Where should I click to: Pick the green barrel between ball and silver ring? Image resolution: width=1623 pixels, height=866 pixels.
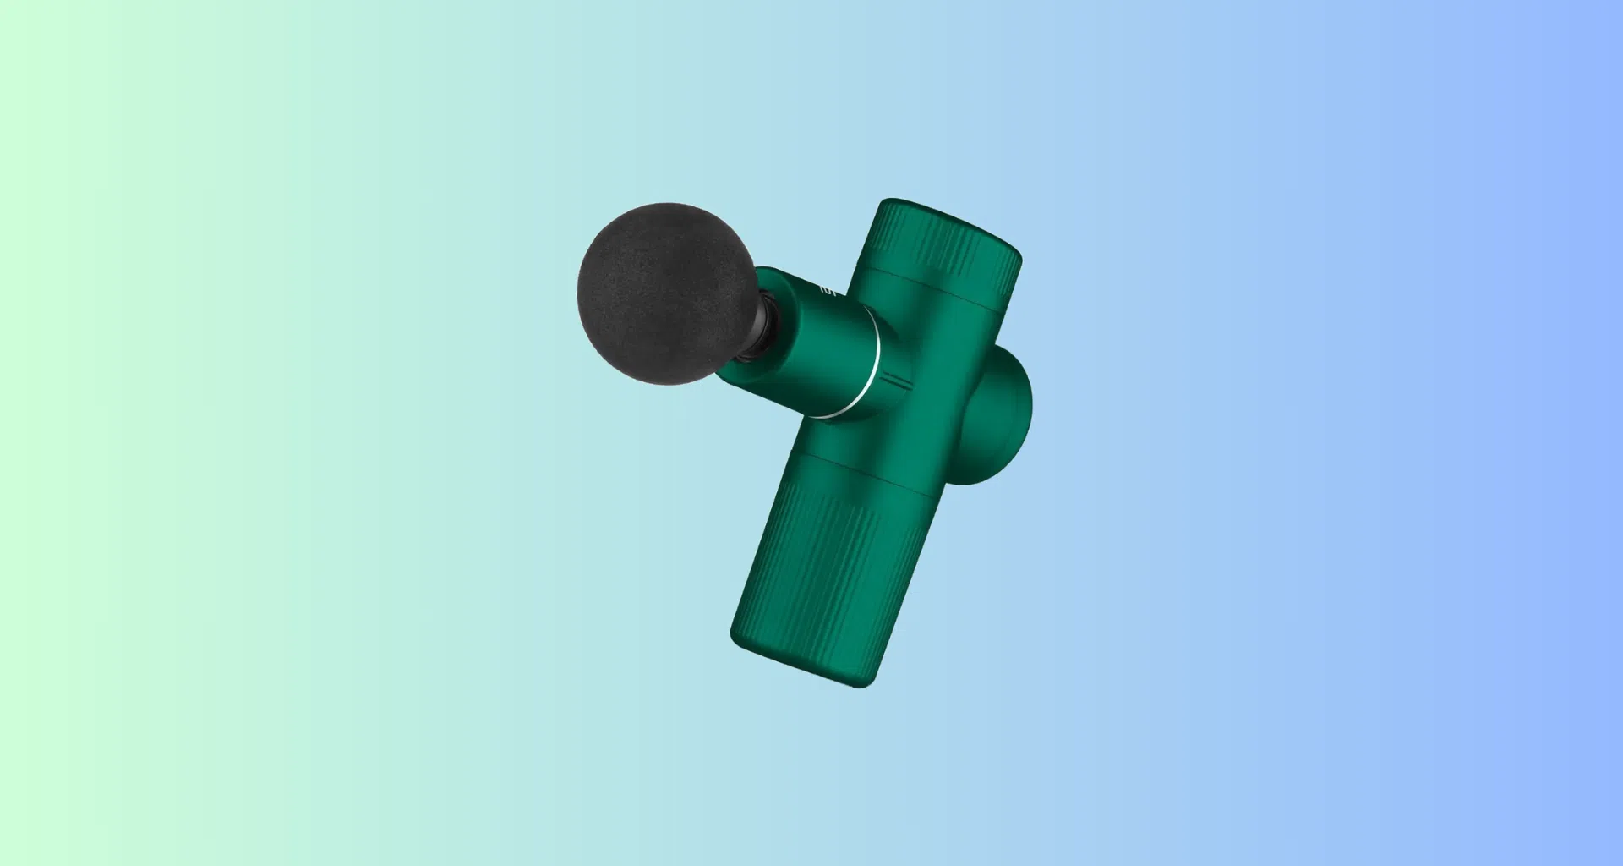[811, 338]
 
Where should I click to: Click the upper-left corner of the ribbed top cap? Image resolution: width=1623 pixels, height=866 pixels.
[883, 203]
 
